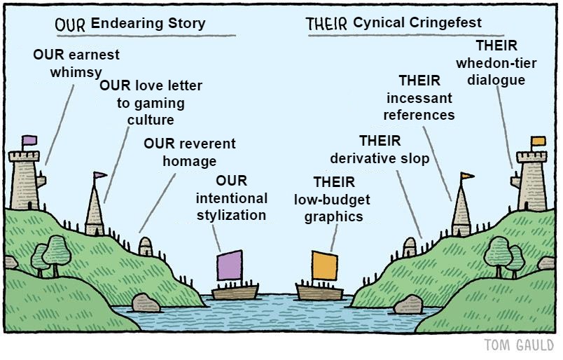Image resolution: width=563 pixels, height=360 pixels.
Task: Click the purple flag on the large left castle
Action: tap(30, 140)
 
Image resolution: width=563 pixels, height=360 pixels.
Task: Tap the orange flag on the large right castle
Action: tap(538, 141)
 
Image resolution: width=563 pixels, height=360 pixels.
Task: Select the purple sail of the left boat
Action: tap(230, 265)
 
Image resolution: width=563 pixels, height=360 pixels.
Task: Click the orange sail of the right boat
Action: tap(325, 266)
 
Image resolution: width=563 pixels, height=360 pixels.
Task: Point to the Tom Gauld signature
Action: tap(519, 345)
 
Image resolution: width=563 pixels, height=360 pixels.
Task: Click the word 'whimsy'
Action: tap(76, 72)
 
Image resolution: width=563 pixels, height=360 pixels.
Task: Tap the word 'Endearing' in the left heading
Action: tap(123, 23)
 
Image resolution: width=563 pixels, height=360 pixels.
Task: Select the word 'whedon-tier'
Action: tap(496, 64)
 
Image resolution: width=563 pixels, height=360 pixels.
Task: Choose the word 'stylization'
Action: tap(231, 216)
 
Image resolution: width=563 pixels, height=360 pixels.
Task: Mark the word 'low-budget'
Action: tap(332, 200)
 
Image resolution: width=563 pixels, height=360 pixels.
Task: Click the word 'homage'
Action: tap(190, 161)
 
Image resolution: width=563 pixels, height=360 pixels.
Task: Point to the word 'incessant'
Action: tap(419, 98)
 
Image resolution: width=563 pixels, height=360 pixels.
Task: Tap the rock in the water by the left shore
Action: tap(146, 303)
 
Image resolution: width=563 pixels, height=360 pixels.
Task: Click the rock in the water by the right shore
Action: tap(408, 305)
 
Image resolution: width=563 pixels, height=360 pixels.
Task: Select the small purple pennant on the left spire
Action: tap(100, 175)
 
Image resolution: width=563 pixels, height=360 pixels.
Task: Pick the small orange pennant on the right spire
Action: tap(467, 176)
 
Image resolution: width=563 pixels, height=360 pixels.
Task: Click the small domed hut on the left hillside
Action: tap(146, 246)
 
